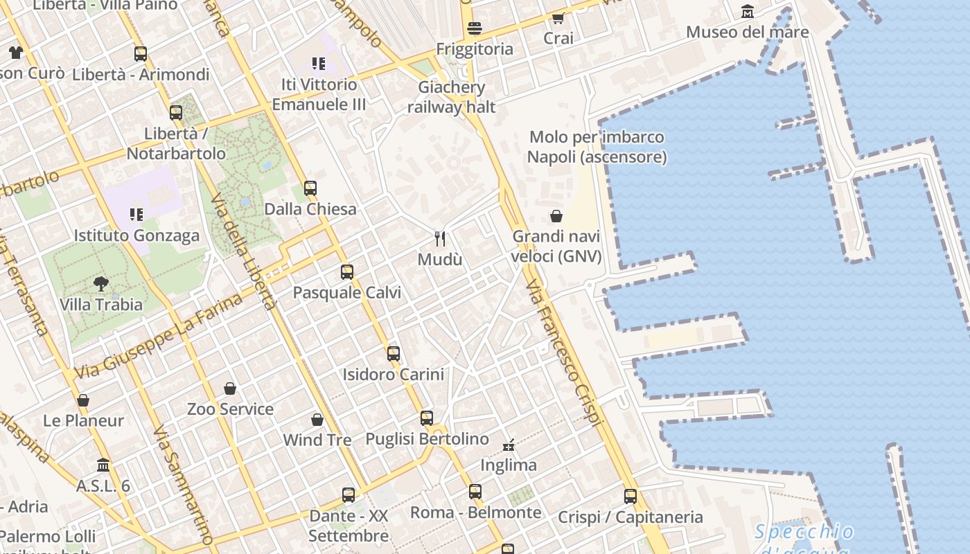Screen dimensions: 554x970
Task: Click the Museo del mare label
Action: point(747,32)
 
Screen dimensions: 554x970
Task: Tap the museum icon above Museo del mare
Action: point(748,12)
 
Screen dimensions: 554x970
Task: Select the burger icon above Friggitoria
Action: point(475,28)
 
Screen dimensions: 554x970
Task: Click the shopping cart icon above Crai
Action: point(558,18)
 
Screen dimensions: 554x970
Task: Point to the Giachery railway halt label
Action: point(452,97)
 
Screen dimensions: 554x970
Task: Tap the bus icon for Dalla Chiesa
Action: point(310,188)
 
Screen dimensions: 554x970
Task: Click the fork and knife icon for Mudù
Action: point(440,239)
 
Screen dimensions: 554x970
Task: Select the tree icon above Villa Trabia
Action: point(101,283)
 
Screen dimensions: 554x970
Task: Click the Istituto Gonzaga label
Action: point(136,235)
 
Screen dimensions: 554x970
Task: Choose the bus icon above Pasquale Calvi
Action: point(347,271)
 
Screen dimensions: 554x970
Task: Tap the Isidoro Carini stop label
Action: point(393,375)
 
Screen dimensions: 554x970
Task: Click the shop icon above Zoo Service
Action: point(230,388)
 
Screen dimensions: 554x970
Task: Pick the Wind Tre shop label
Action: point(317,440)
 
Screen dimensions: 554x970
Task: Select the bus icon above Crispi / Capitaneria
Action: point(630,496)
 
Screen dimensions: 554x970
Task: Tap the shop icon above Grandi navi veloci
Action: point(556,216)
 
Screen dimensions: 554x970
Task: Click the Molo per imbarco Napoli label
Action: point(597,147)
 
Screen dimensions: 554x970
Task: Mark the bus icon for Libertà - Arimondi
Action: point(141,53)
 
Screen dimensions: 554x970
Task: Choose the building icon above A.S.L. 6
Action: point(103,465)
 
